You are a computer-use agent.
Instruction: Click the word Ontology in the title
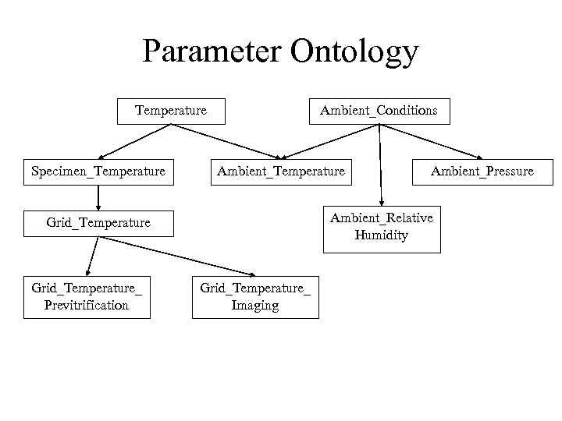pyautogui.click(x=354, y=53)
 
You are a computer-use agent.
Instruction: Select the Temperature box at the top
pyautogui.click(x=171, y=111)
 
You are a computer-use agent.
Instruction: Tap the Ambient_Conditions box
pyautogui.click(x=379, y=111)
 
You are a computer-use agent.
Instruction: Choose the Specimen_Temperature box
pyautogui.click(x=98, y=171)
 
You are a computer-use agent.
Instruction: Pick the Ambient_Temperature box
pyautogui.click(x=280, y=171)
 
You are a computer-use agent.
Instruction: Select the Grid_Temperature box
pyautogui.click(x=98, y=223)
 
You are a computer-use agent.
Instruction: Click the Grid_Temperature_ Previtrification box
pyautogui.click(x=87, y=296)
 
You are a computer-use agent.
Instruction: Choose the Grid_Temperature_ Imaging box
pyautogui.click(x=255, y=296)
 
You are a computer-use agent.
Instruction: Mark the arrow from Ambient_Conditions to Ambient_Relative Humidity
pyautogui.click(x=380, y=164)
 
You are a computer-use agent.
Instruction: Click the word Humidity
pyautogui.click(x=382, y=235)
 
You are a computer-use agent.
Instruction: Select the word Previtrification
pyautogui.click(x=87, y=305)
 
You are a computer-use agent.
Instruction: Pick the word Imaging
pyautogui.click(x=255, y=305)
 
